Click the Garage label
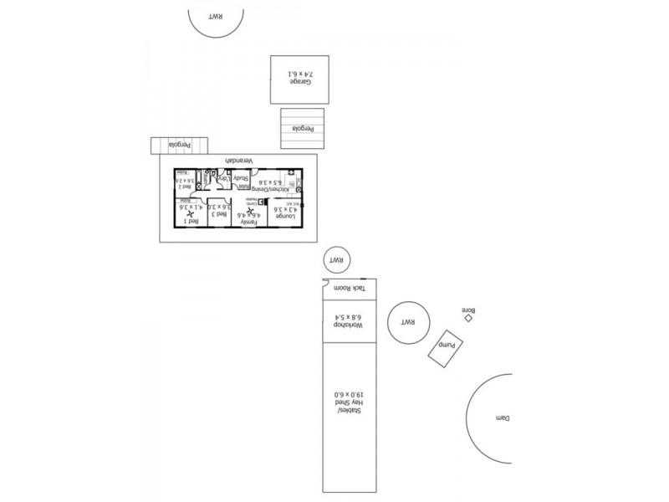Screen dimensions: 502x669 click(x=301, y=82)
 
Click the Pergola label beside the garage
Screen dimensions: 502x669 click(x=302, y=129)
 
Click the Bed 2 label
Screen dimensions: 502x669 click(x=185, y=187)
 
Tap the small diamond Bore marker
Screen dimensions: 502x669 click(x=468, y=318)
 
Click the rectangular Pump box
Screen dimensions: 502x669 click(x=447, y=346)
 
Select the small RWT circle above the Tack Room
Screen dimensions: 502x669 click(x=337, y=260)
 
